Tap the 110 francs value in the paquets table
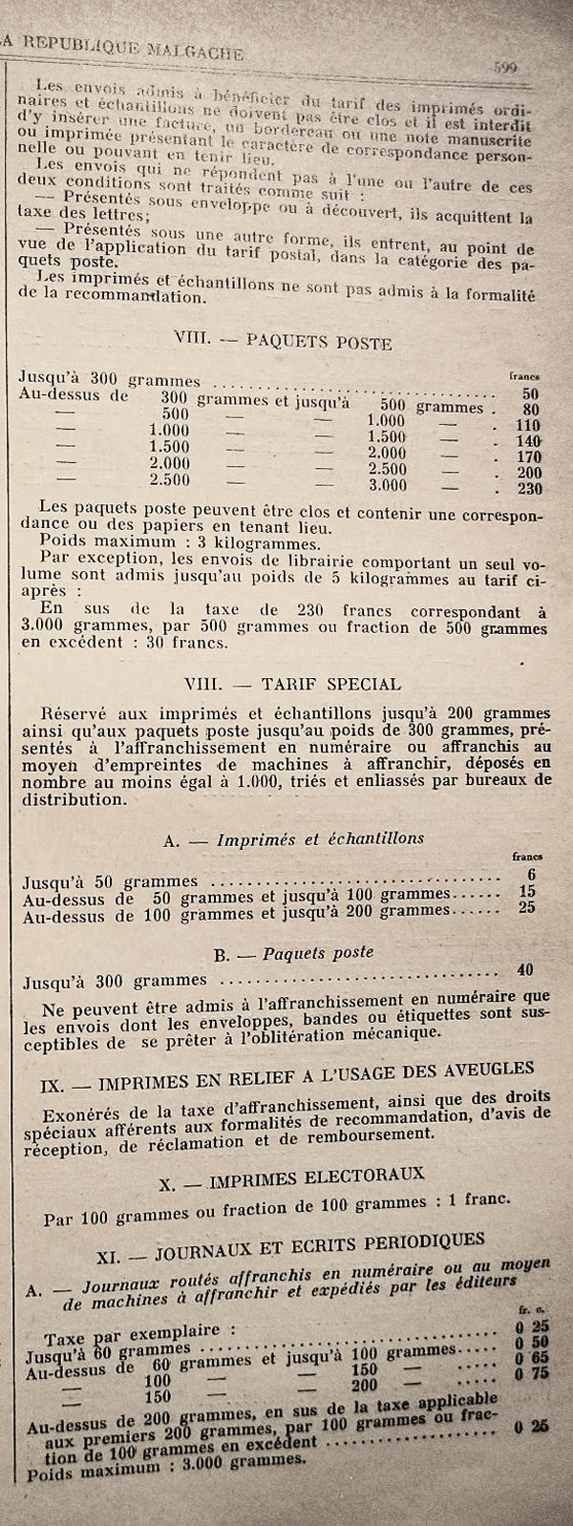[528, 426]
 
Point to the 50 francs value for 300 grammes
[532, 393]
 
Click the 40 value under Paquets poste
[523, 970]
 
